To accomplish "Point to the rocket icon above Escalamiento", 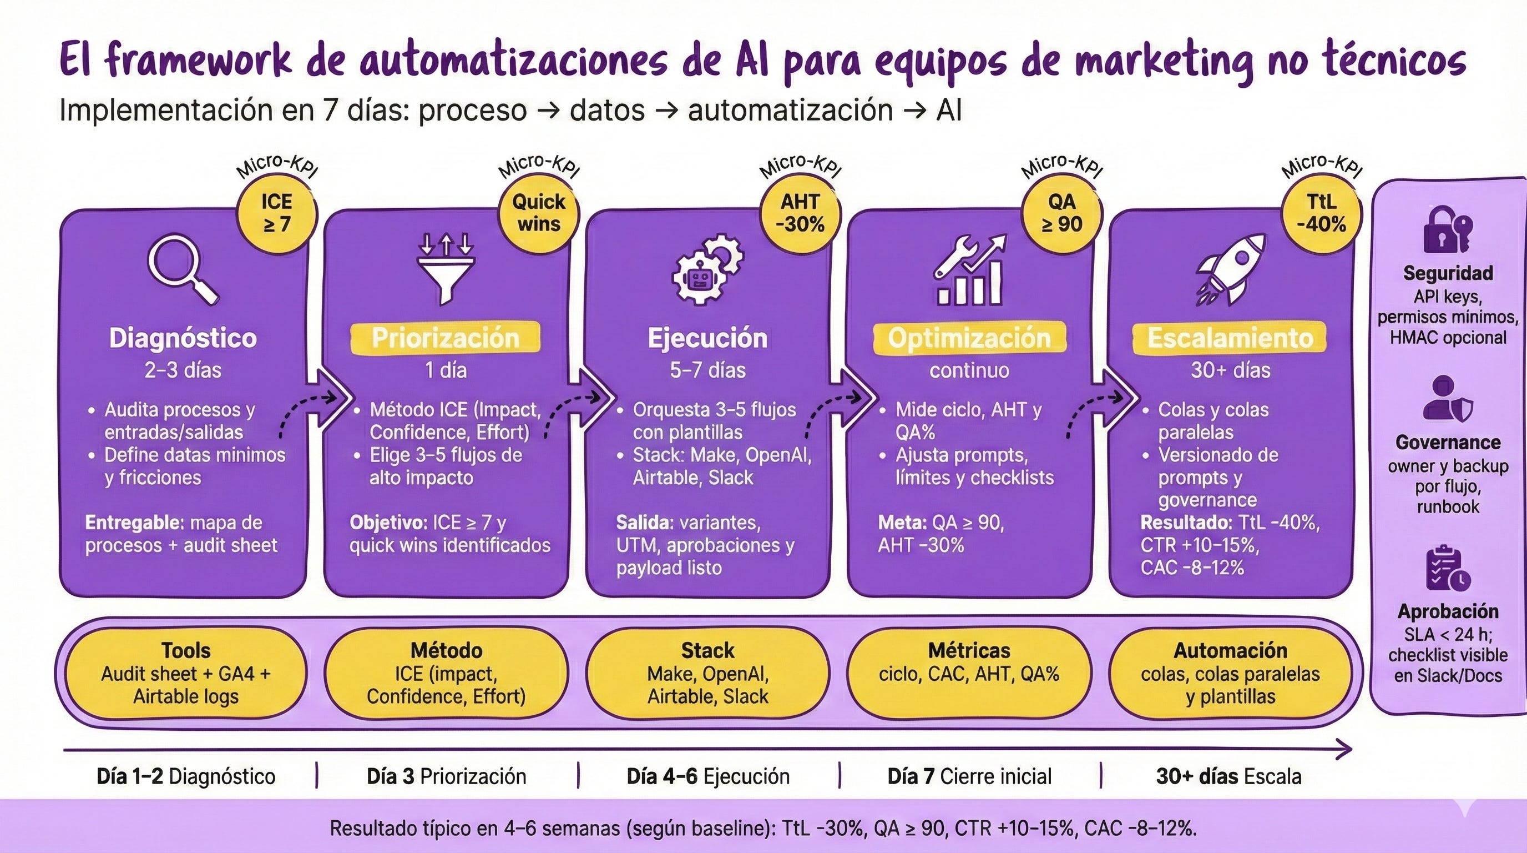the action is [x=1231, y=269].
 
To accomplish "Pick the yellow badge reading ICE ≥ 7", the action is [x=277, y=213].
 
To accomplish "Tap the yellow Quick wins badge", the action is [x=538, y=213].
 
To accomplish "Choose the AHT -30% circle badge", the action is [x=800, y=213].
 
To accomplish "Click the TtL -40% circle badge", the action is [x=1321, y=213].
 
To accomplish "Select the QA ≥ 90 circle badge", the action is [x=1061, y=213].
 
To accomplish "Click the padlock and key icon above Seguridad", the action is [x=1447, y=229].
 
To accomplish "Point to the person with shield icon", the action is [x=1447, y=400].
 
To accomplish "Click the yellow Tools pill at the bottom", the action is [x=185, y=673].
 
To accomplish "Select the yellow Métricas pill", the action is [x=969, y=673].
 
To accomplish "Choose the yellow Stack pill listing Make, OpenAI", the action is [x=708, y=673].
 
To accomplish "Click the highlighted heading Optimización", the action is [x=969, y=338].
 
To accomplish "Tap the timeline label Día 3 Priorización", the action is [x=446, y=776].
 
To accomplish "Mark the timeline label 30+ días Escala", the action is [x=1229, y=776].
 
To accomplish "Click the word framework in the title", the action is [x=199, y=62].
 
